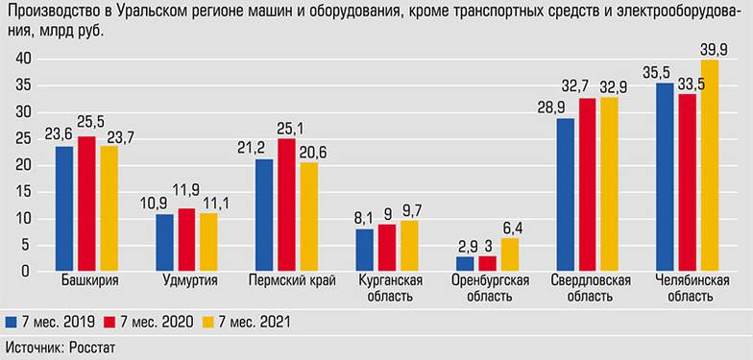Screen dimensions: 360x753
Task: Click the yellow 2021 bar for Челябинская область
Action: click(710, 165)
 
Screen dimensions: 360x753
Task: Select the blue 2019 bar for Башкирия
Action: click(64, 208)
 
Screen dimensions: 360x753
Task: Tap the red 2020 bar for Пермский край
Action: click(286, 204)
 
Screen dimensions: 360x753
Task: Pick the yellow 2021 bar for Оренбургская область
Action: click(509, 254)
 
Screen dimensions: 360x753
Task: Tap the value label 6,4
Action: click(510, 228)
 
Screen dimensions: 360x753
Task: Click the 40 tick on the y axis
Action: click(25, 59)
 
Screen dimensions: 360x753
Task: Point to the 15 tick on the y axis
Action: click(25, 192)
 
